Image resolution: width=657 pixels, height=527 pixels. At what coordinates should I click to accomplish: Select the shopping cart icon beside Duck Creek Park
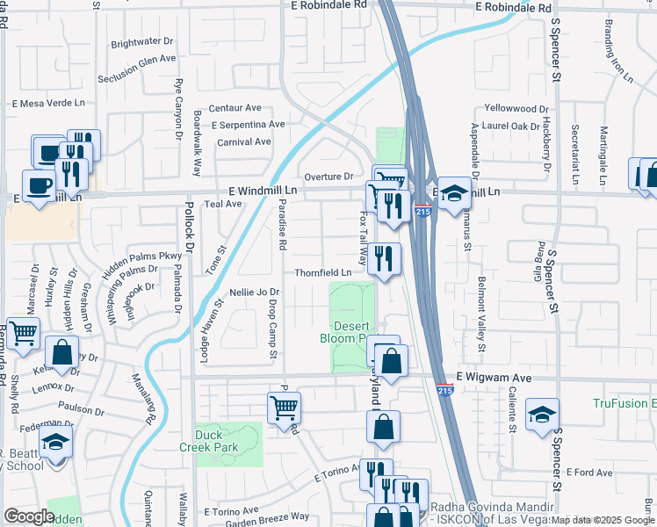(x=285, y=407)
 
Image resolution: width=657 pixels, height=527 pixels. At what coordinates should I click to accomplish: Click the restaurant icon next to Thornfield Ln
(x=384, y=258)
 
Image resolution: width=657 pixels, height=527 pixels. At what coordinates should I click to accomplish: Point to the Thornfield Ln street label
(x=322, y=273)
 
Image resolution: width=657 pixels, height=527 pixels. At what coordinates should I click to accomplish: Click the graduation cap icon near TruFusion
(x=542, y=414)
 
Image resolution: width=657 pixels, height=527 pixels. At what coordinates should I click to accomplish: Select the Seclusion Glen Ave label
(x=137, y=59)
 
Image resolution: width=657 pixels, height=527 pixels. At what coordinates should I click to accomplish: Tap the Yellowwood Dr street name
(x=516, y=109)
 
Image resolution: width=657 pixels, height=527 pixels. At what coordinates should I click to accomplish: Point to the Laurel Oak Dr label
(x=510, y=126)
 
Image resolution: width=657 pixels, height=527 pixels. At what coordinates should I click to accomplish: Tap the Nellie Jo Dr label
(x=254, y=292)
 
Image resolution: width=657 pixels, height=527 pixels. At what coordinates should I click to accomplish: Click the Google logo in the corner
(x=29, y=516)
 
